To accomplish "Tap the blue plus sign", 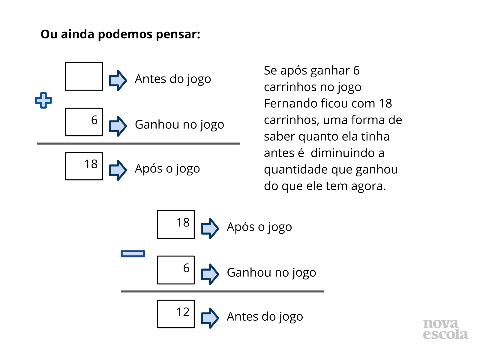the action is coord(43,100).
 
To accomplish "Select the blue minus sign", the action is coord(133,254).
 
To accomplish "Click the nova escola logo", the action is coord(445,329).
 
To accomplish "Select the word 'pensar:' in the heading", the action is coord(178,34).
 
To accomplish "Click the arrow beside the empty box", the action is coord(118,80).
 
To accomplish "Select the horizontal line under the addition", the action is coord(138,144).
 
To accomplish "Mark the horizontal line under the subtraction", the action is coord(222,291).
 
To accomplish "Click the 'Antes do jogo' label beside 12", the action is coord(265,317).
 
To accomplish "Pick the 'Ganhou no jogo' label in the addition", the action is coord(179,125).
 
